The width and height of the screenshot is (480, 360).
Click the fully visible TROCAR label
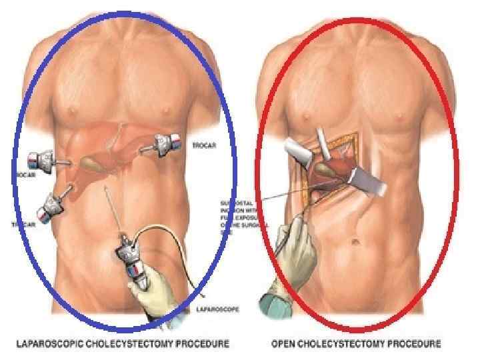(x=203, y=145)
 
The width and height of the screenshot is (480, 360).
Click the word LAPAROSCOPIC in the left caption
(x=52, y=344)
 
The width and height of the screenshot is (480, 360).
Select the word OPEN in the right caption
(x=284, y=344)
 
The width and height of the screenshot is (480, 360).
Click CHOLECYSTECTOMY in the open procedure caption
(x=345, y=344)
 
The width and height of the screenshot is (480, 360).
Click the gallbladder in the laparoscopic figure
(x=92, y=161)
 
